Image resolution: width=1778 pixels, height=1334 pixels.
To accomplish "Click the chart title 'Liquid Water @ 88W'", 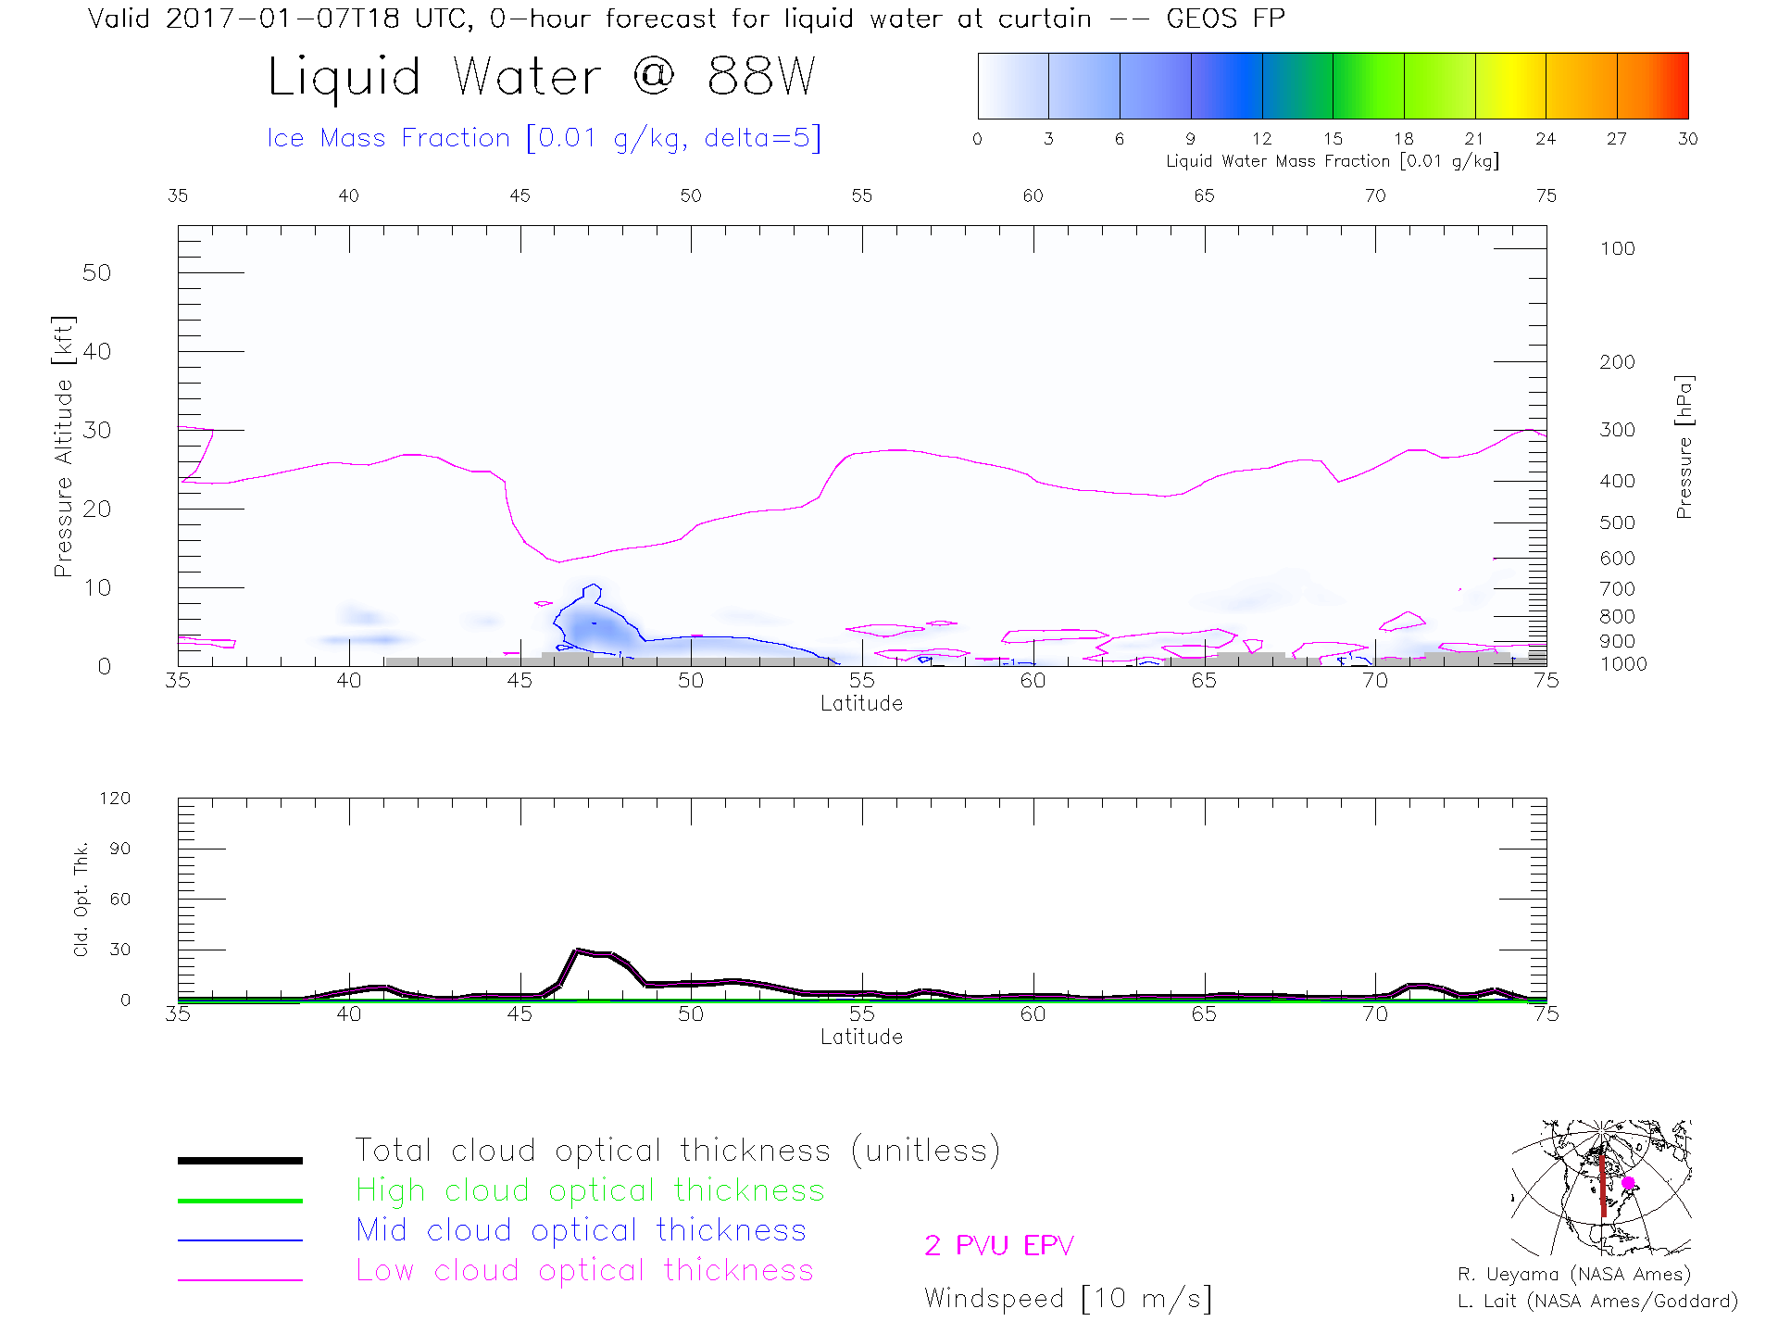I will coord(542,77).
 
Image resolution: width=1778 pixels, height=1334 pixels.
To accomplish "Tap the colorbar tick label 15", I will coord(1333,139).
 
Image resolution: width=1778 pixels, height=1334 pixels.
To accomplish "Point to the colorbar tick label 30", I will coord(1687,139).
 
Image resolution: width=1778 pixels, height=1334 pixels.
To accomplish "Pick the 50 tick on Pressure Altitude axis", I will coord(96,272).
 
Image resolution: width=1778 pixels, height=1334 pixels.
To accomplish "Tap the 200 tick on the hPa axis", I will coord(1617,362).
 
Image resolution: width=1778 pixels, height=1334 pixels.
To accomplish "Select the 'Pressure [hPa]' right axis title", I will coord(1684,447).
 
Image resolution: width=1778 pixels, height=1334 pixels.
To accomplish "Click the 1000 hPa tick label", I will coord(1623,664).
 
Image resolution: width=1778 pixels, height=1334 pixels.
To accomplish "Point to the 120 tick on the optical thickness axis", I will coord(116,799).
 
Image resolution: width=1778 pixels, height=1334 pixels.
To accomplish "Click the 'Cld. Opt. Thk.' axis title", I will coord(81,899).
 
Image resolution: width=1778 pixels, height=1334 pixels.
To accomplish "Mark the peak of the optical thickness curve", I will coord(578,950).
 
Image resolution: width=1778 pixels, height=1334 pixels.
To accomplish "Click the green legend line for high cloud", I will coord(240,1201).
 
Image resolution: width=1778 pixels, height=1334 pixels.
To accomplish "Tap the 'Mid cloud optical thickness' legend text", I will coord(581,1230).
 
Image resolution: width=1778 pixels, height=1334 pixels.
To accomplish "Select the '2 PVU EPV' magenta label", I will coord(998,1246).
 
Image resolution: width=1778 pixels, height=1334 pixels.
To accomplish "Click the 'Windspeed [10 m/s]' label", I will coord(1068,1299).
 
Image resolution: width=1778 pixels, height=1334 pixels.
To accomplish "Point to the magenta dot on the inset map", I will coord(1628,1183).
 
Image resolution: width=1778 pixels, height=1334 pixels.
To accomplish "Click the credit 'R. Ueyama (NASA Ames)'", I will coord(1574,1275).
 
